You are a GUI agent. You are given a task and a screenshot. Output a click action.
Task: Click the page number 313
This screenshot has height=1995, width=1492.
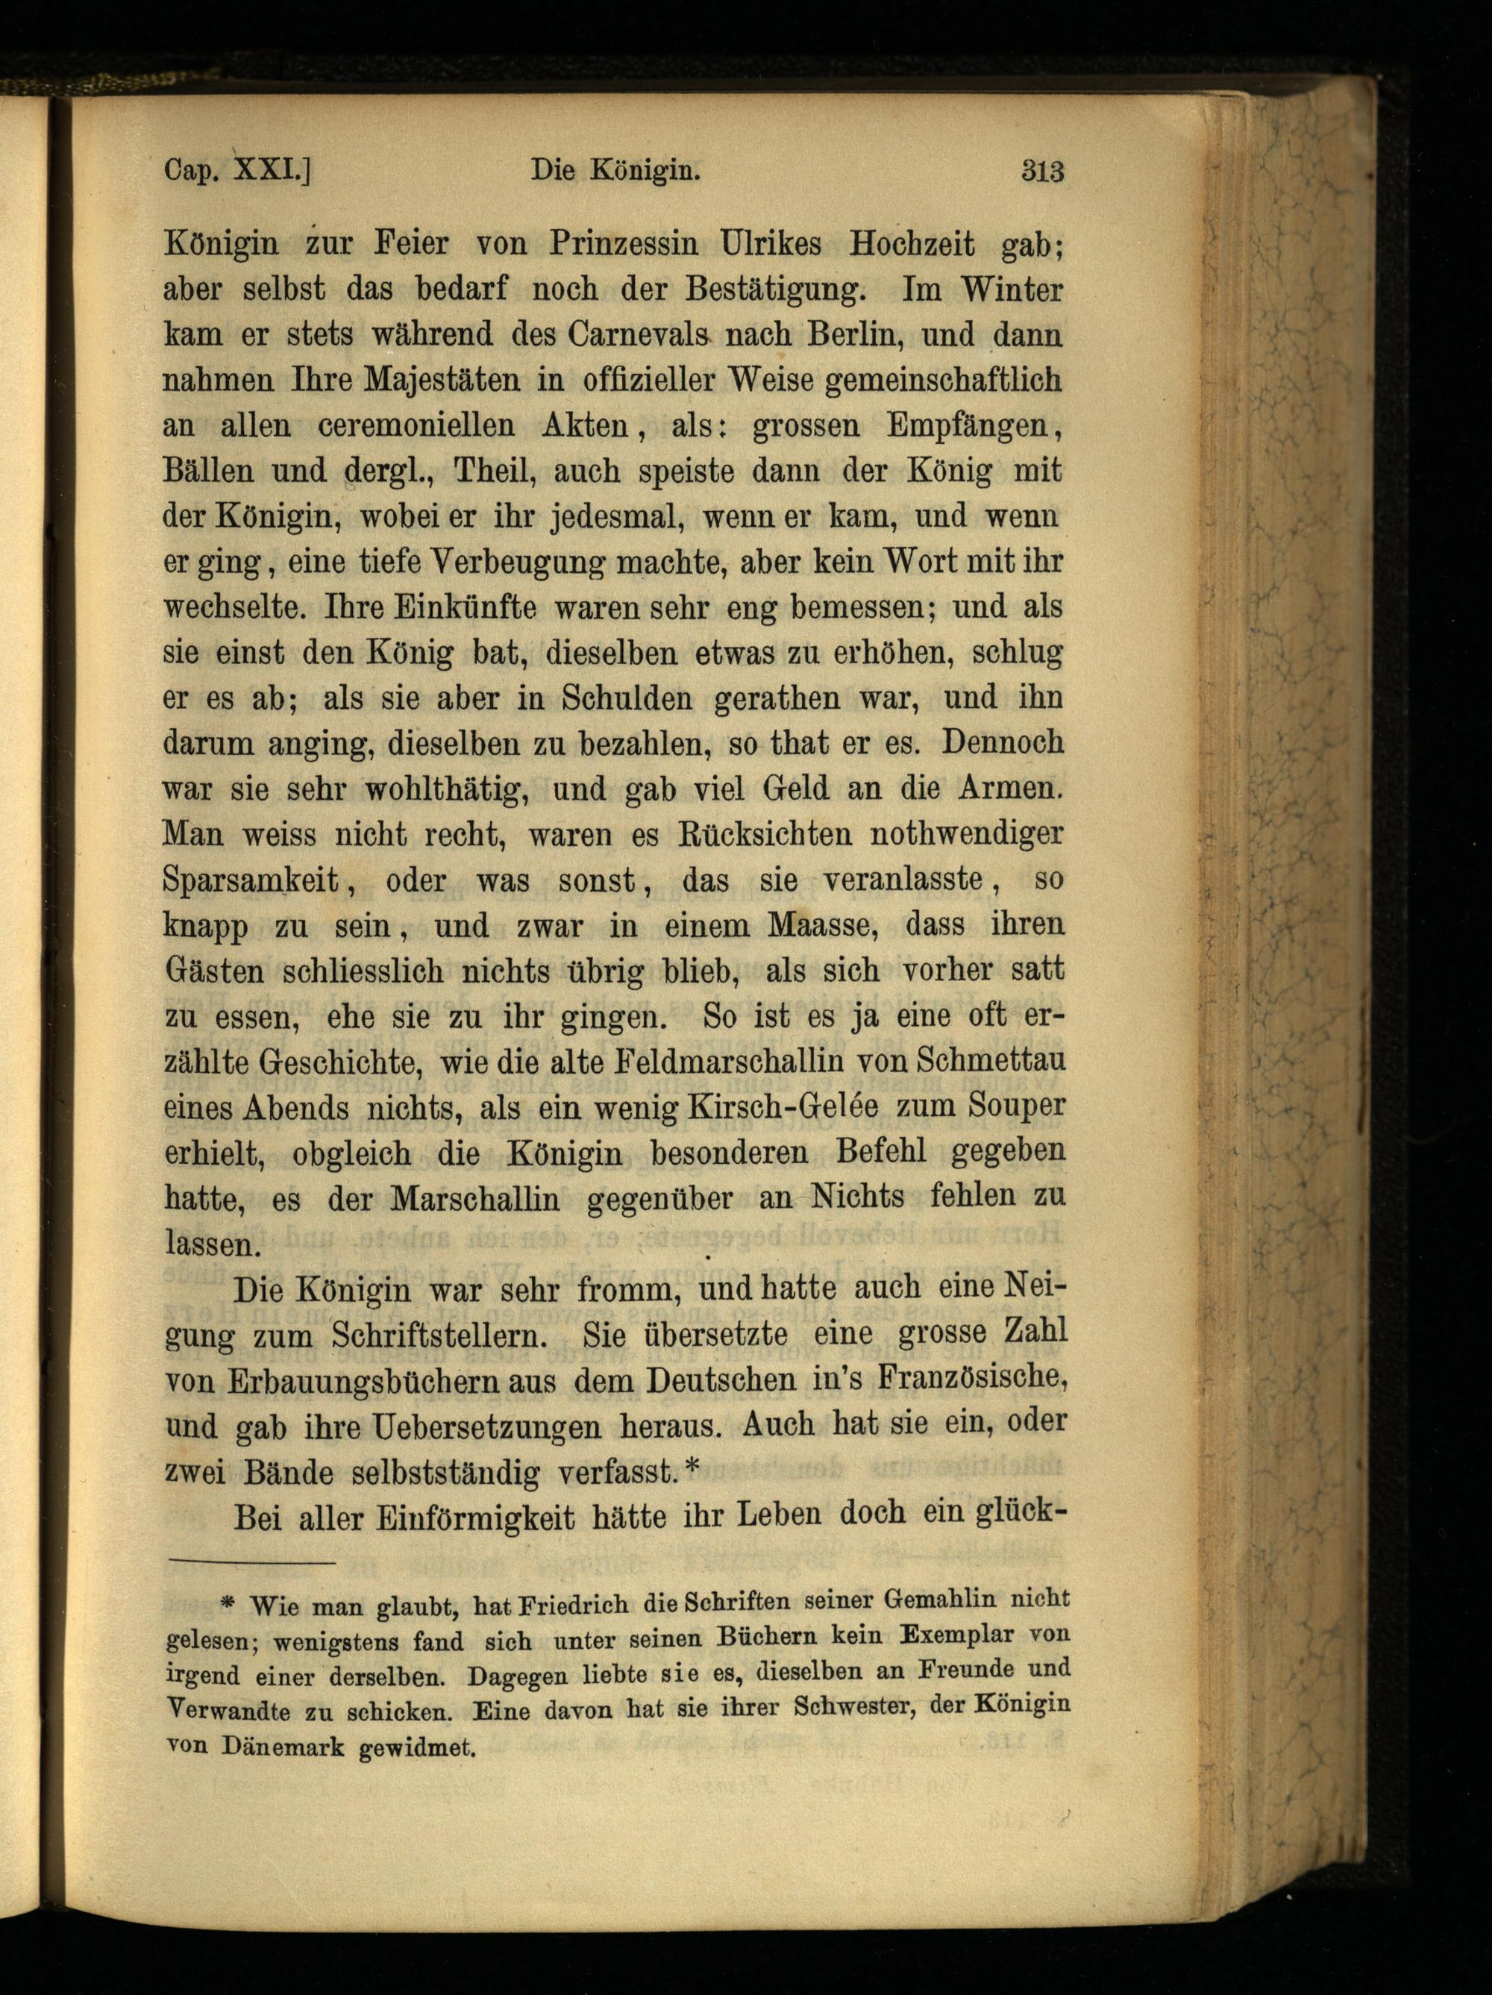coord(1043,170)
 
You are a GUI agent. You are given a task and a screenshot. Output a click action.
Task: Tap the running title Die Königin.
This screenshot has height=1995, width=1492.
coord(616,170)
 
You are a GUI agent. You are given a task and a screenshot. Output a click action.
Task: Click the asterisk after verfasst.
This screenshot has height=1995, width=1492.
coord(692,1469)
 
